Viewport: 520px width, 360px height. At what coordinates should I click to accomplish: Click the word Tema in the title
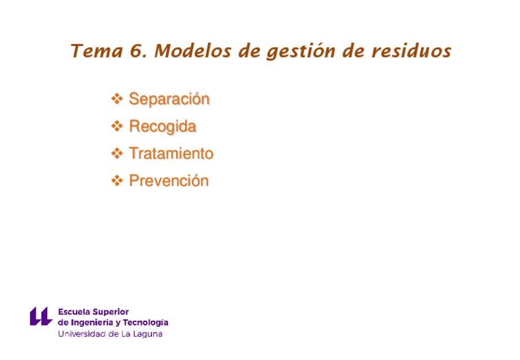[x=97, y=51]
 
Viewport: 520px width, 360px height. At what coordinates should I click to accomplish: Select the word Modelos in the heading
[x=193, y=51]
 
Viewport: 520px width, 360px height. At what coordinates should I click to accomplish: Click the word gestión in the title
[x=301, y=52]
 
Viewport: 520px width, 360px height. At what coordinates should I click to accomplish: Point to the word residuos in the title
[x=411, y=51]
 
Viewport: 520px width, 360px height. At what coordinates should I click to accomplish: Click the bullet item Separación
[x=169, y=99]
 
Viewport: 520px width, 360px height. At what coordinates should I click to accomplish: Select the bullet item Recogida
[x=162, y=127]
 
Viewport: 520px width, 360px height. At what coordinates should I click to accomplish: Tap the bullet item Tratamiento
[x=171, y=153]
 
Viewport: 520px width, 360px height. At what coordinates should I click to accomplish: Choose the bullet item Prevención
[x=169, y=181]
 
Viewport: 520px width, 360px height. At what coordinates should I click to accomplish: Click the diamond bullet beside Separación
[x=117, y=99]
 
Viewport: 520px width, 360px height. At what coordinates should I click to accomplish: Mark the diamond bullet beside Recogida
[x=117, y=126]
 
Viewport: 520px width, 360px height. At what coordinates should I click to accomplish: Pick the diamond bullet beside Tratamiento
[x=117, y=153]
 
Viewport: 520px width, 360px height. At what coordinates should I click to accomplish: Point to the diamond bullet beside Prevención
[x=117, y=181]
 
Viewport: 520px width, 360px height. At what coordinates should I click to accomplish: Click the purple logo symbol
[x=41, y=316]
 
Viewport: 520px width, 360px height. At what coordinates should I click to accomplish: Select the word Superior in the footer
[x=111, y=312]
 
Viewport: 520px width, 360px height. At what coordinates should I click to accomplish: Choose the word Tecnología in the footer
[x=145, y=323]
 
